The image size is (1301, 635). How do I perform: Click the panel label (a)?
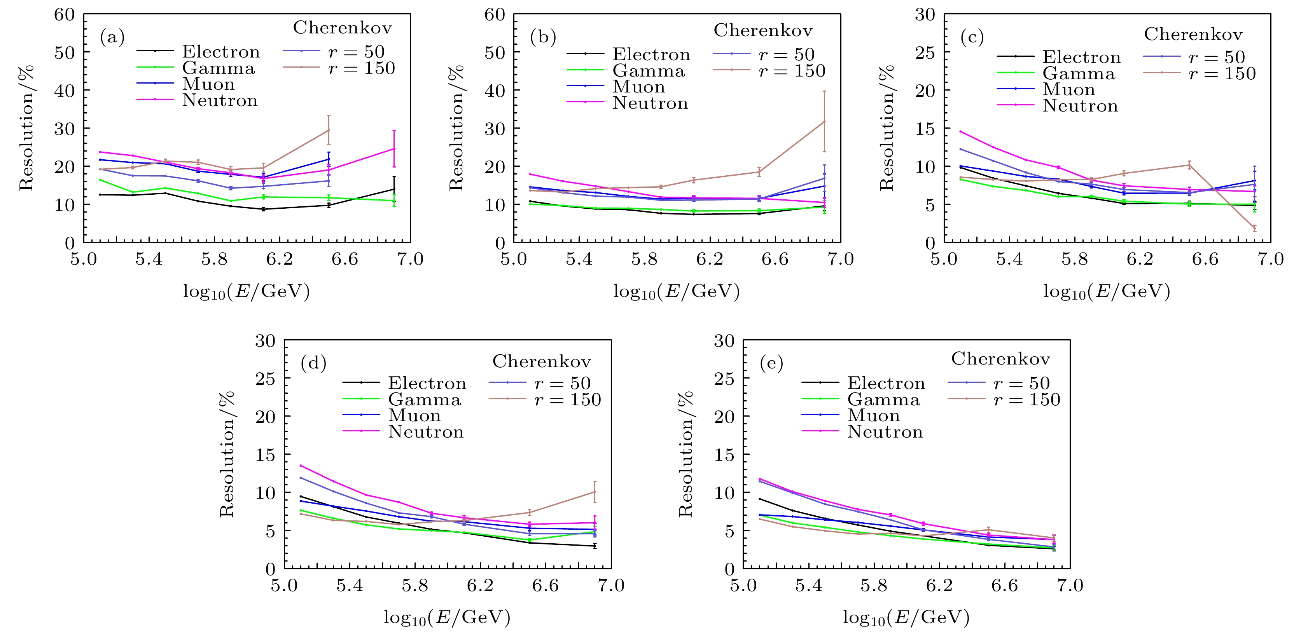pos(112,37)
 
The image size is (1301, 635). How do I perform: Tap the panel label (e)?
pos(771,363)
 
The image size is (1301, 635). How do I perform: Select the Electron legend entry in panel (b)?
pos(651,54)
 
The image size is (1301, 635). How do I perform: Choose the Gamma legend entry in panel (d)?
pos(424,399)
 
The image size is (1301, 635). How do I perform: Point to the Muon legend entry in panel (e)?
pos(873,415)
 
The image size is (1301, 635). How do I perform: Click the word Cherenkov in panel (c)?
pos(1193,34)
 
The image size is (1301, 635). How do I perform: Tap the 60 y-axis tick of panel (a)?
pos(65,15)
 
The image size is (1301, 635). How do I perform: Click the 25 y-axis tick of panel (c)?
pos(925,52)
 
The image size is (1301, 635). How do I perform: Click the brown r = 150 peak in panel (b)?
pos(824,121)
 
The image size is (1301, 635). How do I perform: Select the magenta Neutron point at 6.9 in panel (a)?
pos(394,148)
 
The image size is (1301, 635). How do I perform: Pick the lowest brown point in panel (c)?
pos(1254,228)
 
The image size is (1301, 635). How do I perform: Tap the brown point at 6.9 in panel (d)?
pos(595,492)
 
